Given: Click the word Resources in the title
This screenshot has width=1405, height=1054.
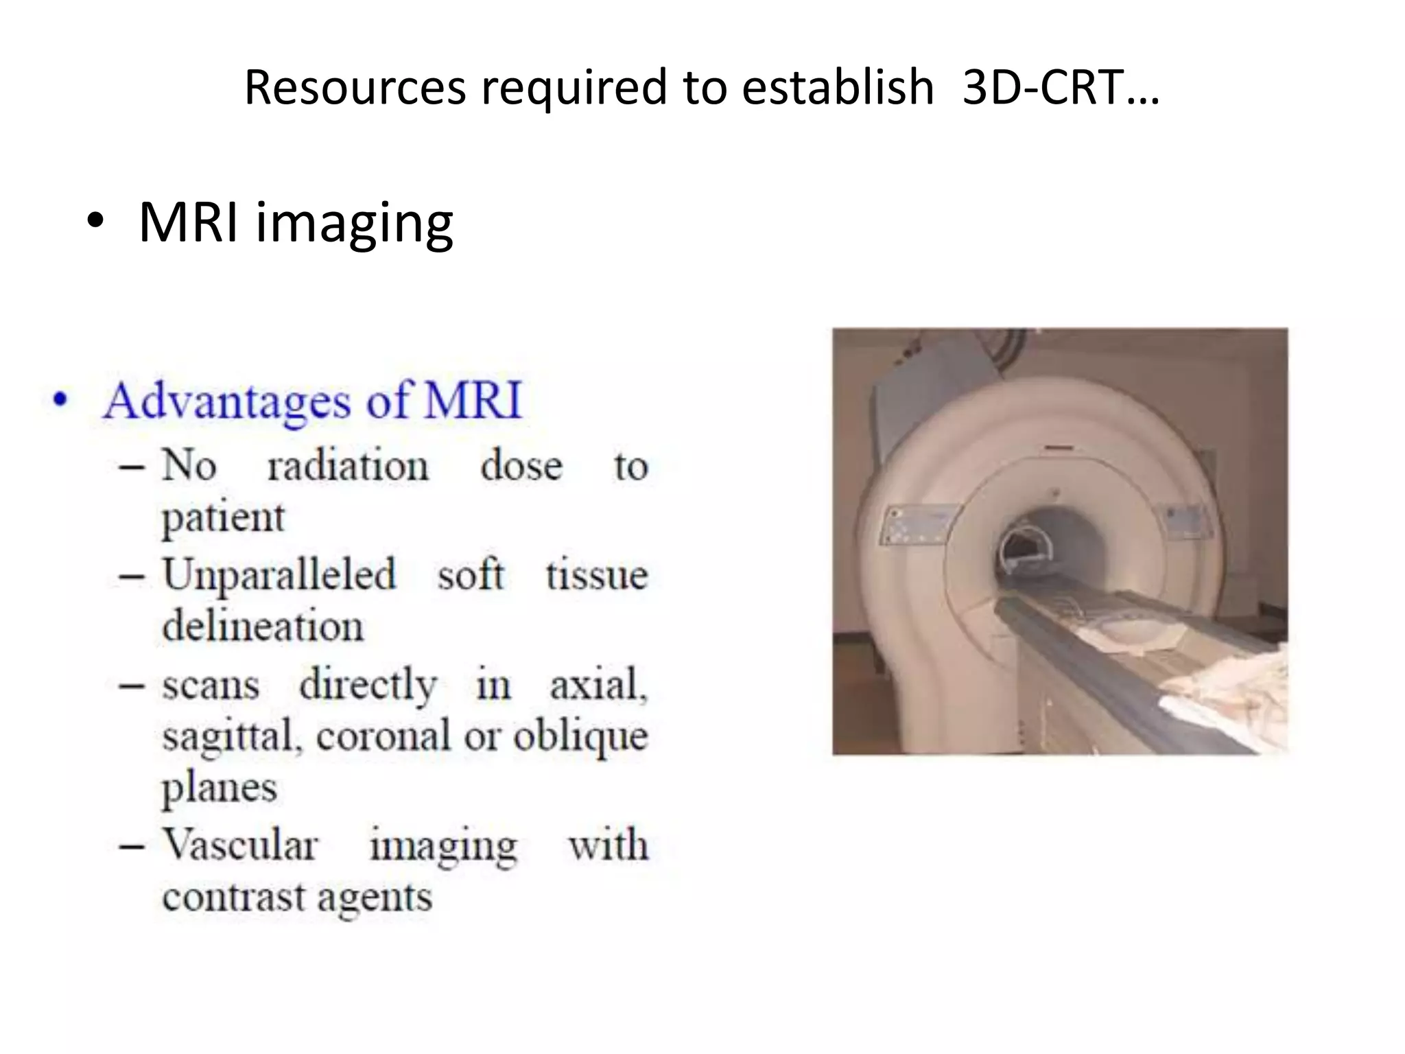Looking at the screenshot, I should click(x=354, y=88).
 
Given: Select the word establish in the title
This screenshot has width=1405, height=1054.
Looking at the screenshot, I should click(x=838, y=88).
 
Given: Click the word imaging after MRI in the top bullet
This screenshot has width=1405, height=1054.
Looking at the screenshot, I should click(x=354, y=223).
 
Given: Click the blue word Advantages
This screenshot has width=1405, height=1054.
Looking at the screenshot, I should click(x=227, y=400).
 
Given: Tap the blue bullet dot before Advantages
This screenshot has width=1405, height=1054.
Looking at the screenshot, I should click(x=61, y=400).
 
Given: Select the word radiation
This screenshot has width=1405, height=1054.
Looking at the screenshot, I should click(x=347, y=467).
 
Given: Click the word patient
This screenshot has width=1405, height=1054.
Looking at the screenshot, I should click(x=223, y=517).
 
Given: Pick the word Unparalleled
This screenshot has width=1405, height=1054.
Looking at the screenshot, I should click(x=279, y=574).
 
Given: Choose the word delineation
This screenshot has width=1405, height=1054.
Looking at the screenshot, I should click(x=263, y=626).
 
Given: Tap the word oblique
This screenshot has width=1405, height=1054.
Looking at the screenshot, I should click(x=580, y=736).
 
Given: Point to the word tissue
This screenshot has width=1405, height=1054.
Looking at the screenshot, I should click(x=596, y=574).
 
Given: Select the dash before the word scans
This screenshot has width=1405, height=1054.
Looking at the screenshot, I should click(x=131, y=686).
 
